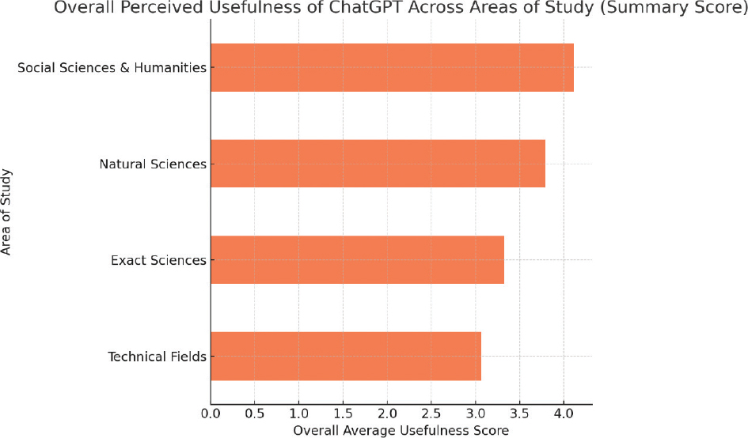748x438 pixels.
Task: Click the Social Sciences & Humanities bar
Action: point(392,68)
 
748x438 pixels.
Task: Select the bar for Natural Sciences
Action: point(378,164)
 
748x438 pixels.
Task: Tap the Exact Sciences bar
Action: point(357,260)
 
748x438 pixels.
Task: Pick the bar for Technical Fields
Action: point(346,356)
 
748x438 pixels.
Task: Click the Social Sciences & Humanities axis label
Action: point(112,68)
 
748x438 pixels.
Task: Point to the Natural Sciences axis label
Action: point(153,164)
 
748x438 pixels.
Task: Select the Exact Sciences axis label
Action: point(159,260)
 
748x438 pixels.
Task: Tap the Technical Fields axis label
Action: point(157,357)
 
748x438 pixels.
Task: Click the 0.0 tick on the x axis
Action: point(211,413)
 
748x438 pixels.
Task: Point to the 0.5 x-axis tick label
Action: point(254,413)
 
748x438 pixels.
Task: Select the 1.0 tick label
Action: point(298,413)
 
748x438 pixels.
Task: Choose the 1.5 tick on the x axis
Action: point(343,413)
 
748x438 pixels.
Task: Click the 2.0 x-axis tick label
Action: point(386,413)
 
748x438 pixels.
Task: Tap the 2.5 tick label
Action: point(431,413)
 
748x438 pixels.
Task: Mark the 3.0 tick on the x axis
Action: point(475,413)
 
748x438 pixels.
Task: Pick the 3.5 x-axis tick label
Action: point(518,413)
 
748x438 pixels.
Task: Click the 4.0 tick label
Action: point(563,413)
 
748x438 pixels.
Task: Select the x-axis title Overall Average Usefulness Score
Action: point(401,430)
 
